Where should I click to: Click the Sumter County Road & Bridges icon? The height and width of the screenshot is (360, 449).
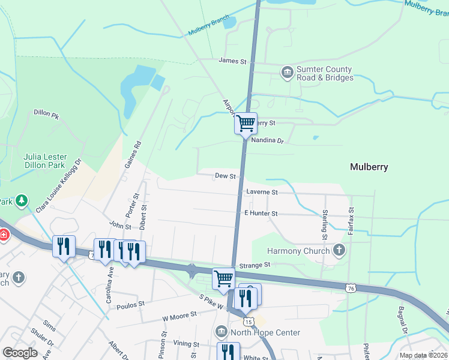click(287, 73)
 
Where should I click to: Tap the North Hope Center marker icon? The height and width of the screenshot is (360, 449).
click(221, 332)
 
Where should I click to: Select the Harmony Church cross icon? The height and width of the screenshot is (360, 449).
click(339, 250)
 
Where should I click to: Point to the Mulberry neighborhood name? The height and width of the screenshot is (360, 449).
click(369, 167)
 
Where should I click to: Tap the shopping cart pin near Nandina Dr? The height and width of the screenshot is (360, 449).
click(246, 124)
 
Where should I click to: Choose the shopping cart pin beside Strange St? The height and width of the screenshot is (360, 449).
click(223, 278)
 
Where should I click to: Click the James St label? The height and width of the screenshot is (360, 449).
click(233, 61)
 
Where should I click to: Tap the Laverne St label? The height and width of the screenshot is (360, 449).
click(262, 193)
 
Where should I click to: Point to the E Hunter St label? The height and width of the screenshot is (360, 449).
click(261, 213)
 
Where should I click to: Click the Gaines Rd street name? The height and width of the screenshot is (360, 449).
click(133, 154)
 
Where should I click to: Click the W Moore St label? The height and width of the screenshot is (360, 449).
click(179, 314)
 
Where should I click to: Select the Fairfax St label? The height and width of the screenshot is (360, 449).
click(351, 221)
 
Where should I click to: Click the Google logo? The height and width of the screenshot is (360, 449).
click(20, 353)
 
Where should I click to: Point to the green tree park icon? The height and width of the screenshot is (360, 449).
click(22, 200)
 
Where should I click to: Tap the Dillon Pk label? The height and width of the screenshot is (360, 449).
click(47, 113)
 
